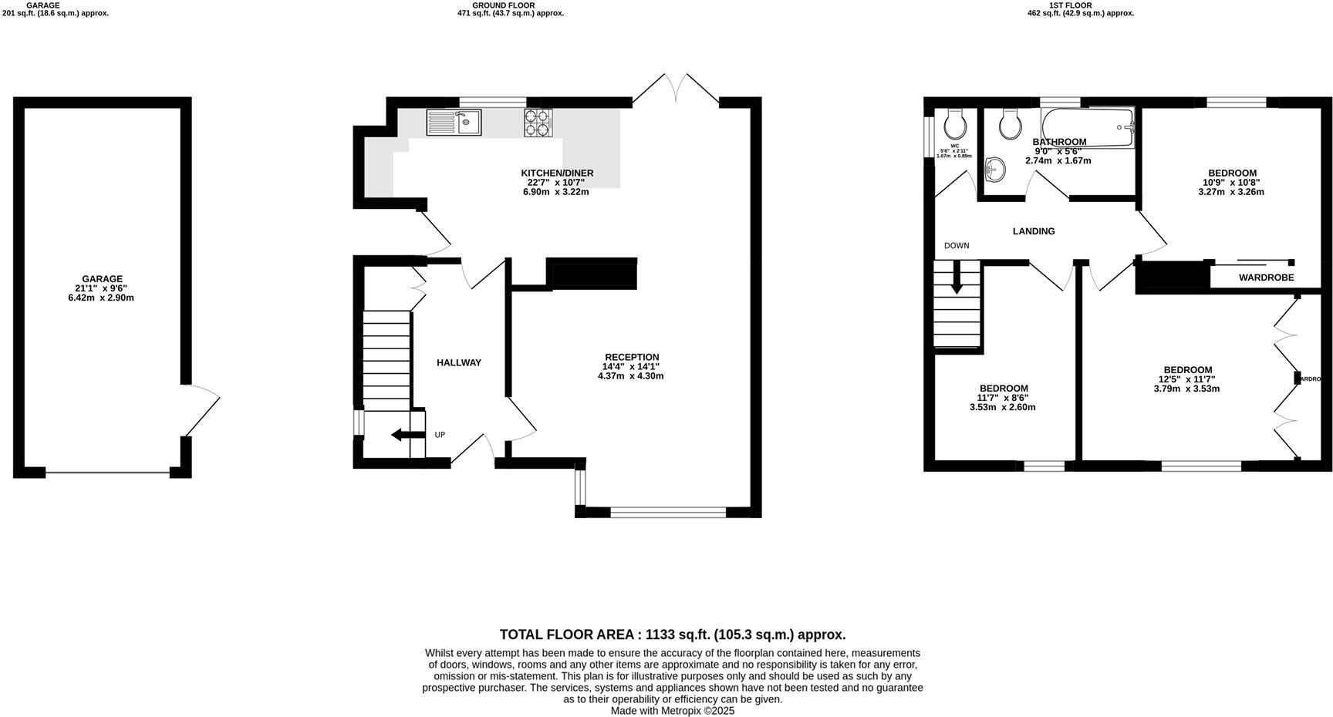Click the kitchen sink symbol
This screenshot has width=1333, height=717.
[454, 123]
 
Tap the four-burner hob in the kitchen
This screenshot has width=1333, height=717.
[538, 123]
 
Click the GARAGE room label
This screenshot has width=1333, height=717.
[102, 279]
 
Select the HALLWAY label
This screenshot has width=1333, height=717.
[459, 362]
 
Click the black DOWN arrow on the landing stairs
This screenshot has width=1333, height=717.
[957, 278]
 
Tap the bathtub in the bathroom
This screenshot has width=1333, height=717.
[1088, 126]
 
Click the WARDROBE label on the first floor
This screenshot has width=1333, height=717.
[1266, 278]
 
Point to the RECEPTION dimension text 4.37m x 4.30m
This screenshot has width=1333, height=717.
[630, 376]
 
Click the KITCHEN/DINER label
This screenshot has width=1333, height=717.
[557, 173]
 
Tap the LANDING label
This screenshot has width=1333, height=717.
[1033, 231]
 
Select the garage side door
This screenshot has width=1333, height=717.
[201, 409]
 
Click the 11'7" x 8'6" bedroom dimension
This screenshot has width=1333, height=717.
[1003, 398]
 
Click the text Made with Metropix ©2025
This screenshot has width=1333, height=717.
[672, 711]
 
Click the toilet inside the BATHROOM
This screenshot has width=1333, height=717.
[1009, 123]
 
